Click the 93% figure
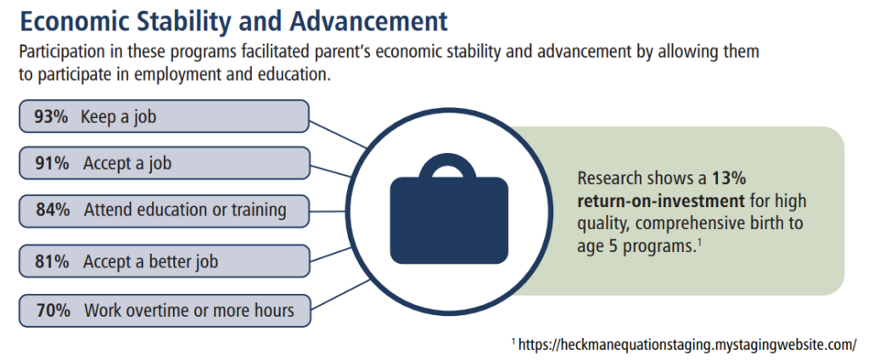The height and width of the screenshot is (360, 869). point(50,117)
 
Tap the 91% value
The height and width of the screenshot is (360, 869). point(53,164)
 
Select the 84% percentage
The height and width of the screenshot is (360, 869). point(53,211)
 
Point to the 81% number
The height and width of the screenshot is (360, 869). point(53,262)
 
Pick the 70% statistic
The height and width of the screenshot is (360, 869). point(53,310)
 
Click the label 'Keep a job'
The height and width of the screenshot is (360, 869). point(119,118)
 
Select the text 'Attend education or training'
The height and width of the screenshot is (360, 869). point(185,211)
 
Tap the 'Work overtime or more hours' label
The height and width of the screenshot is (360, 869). point(189,310)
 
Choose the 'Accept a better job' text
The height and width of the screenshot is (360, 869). point(151,262)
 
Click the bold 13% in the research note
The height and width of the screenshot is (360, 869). point(731,179)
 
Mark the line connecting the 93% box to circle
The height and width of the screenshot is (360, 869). point(338,134)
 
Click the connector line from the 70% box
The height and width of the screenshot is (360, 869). point(339,294)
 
